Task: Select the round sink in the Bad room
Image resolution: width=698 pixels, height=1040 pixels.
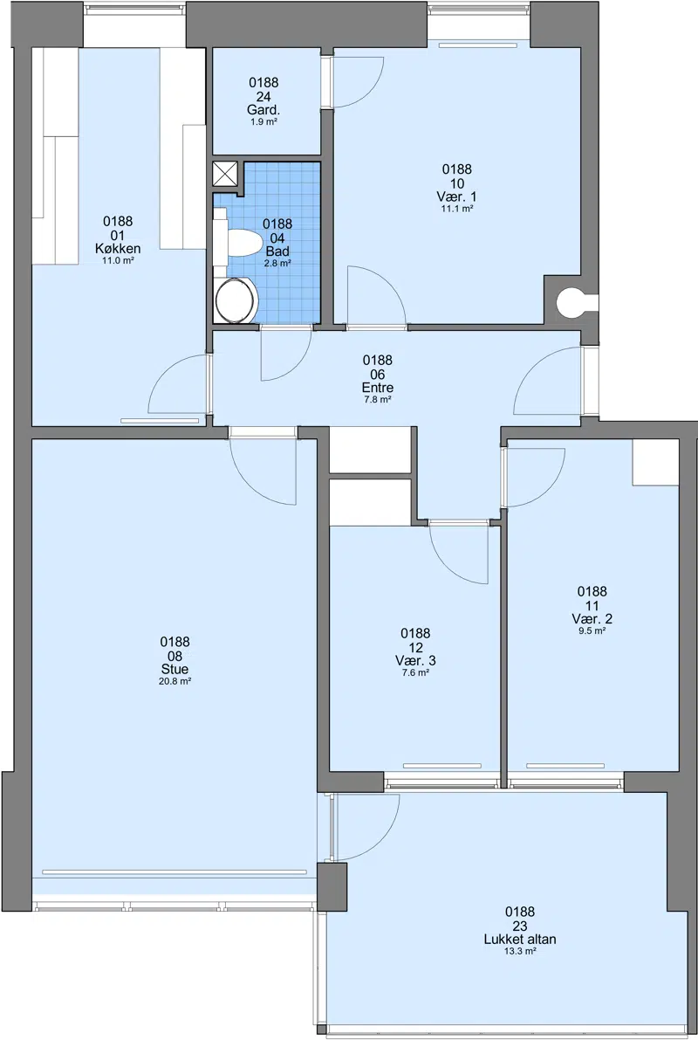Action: tap(236, 300)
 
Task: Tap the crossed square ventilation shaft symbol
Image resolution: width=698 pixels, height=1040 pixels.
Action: tap(226, 175)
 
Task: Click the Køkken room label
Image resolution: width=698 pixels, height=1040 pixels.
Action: tap(118, 249)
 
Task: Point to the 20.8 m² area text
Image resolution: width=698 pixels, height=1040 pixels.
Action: tap(175, 681)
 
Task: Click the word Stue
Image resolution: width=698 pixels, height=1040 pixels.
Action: tap(175, 669)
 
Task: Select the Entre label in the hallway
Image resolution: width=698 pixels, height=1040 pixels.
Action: tap(377, 388)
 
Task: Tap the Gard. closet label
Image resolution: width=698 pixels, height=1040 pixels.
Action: tap(263, 110)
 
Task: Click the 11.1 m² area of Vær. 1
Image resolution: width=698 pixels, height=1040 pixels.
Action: tap(457, 209)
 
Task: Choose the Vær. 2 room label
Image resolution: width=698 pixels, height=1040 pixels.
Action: tap(592, 619)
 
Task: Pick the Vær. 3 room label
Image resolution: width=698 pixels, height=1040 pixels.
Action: tap(415, 661)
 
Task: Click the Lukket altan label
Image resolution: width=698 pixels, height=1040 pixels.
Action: tap(520, 940)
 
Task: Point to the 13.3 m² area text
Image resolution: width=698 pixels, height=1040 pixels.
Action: tap(520, 951)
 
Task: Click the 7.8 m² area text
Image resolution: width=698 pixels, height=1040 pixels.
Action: tap(377, 400)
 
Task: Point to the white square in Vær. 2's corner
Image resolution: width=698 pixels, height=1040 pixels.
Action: tap(655, 462)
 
